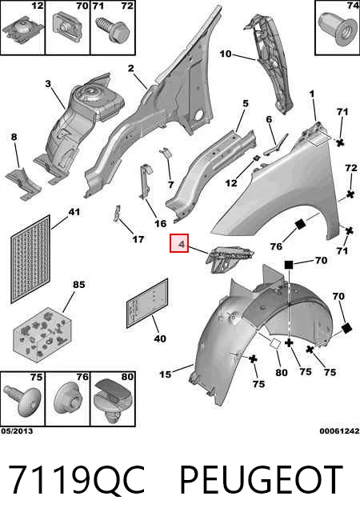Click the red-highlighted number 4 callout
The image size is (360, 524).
click(x=179, y=243)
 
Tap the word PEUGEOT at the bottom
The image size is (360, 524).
click(x=261, y=480)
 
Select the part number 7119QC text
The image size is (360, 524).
click(x=76, y=480)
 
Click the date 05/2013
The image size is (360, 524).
click(x=17, y=430)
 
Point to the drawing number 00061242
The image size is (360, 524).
click(x=339, y=430)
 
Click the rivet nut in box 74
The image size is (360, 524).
click(x=338, y=30)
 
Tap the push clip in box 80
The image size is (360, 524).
click(x=113, y=401)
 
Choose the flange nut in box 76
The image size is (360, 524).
click(x=68, y=400)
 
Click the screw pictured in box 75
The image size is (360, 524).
click(x=22, y=400)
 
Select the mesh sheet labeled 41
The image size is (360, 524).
click(x=30, y=258)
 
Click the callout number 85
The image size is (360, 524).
click(x=79, y=285)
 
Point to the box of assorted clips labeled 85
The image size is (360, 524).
click(x=42, y=335)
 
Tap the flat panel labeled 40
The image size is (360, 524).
click(x=147, y=303)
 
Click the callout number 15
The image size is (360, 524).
click(x=165, y=374)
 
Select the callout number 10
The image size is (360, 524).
click(x=226, y=54)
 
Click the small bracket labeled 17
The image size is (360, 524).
click(x=116, y=214)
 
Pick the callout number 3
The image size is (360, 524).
click(x=48, y=83)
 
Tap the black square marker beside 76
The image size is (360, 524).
click(x=300, y=224)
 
